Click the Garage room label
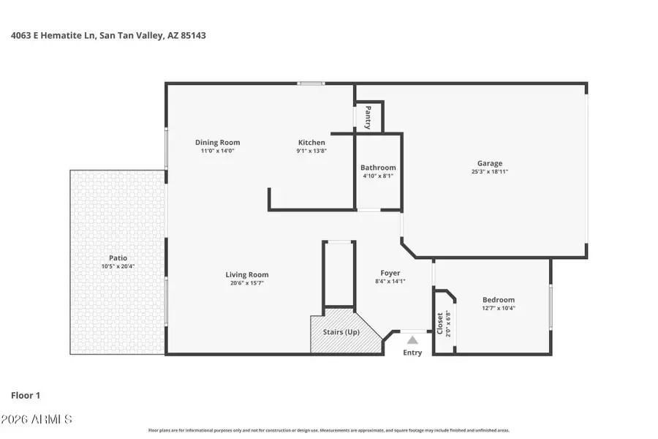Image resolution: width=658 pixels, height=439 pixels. click(x=489, y=163)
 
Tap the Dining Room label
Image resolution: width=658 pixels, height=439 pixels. click(x=217, y=143)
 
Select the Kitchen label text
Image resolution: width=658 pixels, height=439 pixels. click(x=311, y=143)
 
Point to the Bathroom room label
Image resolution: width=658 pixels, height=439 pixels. click(x=378, y=168)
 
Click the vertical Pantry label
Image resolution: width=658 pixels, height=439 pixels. click(x=368, y=117)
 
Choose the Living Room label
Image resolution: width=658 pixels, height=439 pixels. click(x=247, y=275)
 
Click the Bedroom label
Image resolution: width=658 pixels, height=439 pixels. click(x=498, y=300)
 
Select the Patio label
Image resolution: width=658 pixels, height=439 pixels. click(x=118, y=258)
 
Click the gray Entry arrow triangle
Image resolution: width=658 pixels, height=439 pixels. click(x=412, y=339)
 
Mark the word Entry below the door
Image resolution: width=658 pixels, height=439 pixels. click(x=412, y=353)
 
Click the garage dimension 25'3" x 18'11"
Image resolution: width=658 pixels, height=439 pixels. click(x=489, y=172)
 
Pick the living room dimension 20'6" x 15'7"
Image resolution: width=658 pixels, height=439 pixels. click(x=247, y=283)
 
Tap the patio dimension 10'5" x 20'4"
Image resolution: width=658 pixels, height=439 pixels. click(x=118, y=266)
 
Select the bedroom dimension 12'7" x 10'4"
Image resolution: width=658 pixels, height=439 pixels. click(x=498, y=308)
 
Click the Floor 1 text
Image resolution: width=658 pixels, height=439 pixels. click(x=25, y=395)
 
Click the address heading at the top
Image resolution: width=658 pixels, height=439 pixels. click(x=107, y=34)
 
